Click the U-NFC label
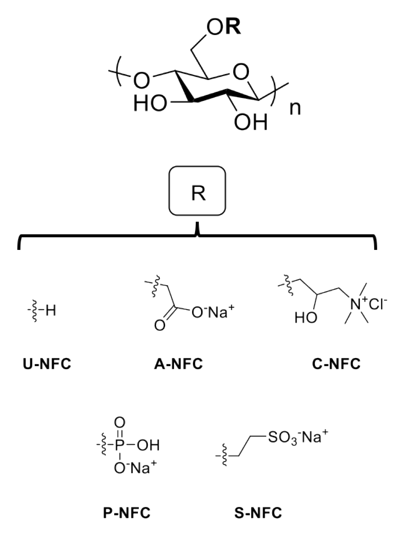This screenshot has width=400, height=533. pyautogui.click(x=47, y=364)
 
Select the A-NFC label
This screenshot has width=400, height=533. pyautogui.click(x=179, y=364)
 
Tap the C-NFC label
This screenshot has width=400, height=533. pyautogui.click(x=336, y=364)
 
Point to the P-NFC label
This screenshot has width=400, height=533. pyautogui.click(x=127, y=513)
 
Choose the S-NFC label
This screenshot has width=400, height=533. pyautogui.click(x=258, y=513)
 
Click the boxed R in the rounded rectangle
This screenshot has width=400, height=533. pyautogui.click(x=198, y=193)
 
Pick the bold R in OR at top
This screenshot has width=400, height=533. pyautogui.click(x=233, y=27)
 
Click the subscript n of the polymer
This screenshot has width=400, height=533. pyautogui.click(x=295, y=109)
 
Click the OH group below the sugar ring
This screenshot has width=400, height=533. pyautogui.click(x=251, y=122)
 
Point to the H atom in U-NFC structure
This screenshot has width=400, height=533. pyautogui.click(x=51, y=310)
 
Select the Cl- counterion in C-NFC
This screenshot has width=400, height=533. pyautogui.click(x=378, y=304)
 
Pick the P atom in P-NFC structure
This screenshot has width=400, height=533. pyautogui.click(x=119, y=445)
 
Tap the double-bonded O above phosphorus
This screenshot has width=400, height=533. pyautogui.click(x=120, y=423)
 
